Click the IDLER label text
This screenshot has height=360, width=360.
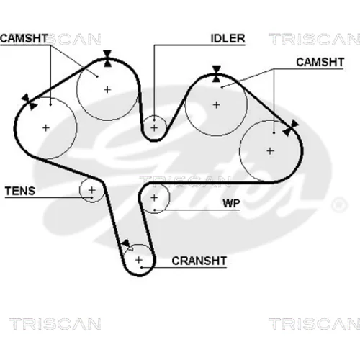tap(228, 39)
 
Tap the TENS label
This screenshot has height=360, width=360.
tap(20, 191)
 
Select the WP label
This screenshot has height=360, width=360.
tap(231, 204)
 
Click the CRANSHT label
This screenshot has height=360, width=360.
tap(199, 261)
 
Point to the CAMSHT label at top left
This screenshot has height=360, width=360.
tap(24, 39)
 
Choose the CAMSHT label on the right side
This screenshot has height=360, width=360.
tap(320, 62)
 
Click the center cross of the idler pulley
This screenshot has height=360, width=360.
tap(154, 127)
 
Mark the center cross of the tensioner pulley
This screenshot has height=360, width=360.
tap(92, 190)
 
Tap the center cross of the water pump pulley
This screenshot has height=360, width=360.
tap(154, 198)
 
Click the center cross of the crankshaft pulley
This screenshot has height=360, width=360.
tap(139, 260)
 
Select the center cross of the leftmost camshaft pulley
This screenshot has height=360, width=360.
tap(46, 127)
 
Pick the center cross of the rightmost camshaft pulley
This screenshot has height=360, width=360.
tap(271, 151)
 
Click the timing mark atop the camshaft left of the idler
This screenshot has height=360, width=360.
tap(107, 58)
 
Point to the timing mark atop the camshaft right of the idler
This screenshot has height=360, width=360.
tap(217, 73)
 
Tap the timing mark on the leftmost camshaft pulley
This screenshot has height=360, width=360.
tap(29, 102)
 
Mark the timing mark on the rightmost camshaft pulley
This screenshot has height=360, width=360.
tap(290, 128)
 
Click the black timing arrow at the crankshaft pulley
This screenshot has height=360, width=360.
tap(126, 243)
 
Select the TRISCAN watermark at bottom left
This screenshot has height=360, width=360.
tap(55, 324)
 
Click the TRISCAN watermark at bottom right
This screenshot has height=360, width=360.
tap(315, 324)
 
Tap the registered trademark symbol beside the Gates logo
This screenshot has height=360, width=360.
tap(339, 204)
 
